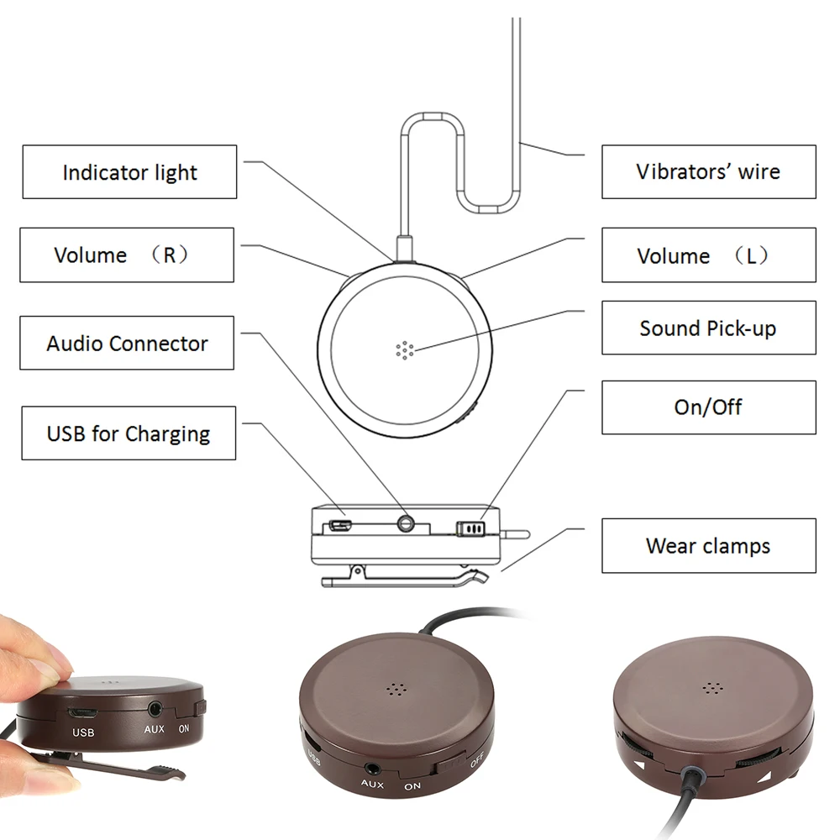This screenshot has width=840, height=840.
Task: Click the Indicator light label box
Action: point(129,172)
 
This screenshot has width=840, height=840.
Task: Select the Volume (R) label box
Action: point(127,255)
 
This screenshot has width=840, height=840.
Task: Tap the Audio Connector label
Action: point(127,343)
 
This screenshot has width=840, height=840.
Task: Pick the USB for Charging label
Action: point(129,433)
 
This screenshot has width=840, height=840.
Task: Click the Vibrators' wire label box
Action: point(708,171)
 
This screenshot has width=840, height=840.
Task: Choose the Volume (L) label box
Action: point(708,255)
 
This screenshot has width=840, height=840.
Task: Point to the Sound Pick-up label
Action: point(708,328)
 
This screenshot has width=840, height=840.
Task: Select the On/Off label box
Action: point(708,407)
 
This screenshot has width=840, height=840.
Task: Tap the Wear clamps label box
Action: point(708,546)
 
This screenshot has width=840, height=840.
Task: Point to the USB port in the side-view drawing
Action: point(340,527)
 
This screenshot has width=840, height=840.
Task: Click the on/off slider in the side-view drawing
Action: point(470,528)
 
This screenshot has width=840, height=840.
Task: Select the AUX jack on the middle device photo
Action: point(371,767)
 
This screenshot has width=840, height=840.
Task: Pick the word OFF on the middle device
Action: point(476,763)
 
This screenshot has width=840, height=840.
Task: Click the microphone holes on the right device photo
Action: point(712,688)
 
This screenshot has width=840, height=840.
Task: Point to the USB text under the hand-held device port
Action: point(83,732)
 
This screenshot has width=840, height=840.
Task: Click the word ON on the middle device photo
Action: point(412,786)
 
